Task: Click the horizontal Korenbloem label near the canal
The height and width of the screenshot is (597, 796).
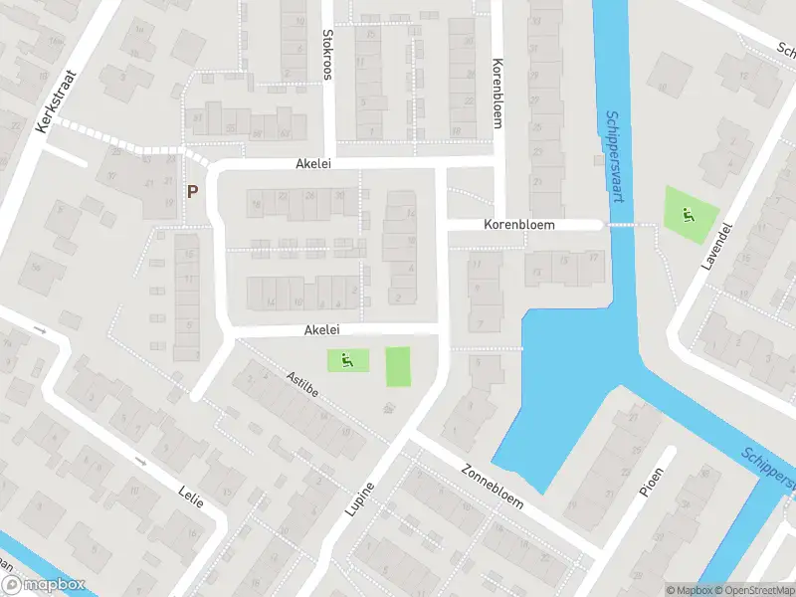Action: (x=518, y=226)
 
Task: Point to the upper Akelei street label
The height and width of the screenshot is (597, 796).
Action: (x=312, y=164)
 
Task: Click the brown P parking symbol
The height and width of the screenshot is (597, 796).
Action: (x=192, y=190)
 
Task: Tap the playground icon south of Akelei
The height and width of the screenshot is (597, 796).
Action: (x=347, y=361)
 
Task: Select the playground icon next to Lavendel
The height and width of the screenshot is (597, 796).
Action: (x=687, y=213)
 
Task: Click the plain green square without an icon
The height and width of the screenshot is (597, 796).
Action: (x=398, y=366)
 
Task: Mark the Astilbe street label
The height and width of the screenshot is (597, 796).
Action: (x=301, y=387)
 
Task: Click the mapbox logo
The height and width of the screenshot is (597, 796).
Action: (x=44, y=585)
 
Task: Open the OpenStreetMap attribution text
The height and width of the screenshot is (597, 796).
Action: (x=754, y=590)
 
